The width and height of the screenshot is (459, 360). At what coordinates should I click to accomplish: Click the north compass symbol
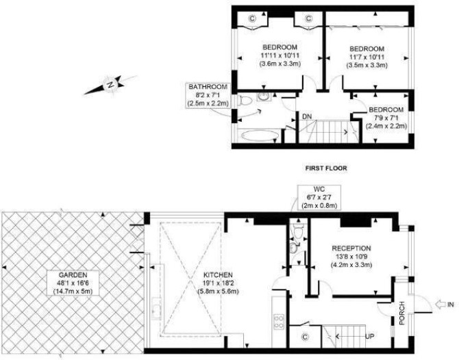point(110,85)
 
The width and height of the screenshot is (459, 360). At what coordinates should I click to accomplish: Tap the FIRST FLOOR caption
point(326,168)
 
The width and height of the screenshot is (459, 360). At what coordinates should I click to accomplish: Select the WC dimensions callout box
point(319,197)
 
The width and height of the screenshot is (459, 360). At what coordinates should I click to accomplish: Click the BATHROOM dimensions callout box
point(208,95)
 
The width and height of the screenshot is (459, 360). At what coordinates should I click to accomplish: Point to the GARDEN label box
point(73,283)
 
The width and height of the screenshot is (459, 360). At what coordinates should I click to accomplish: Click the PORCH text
point(402,313)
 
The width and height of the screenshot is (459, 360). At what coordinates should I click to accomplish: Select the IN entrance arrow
point(441,305)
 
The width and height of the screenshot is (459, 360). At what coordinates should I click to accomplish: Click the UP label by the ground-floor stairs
point(370,336)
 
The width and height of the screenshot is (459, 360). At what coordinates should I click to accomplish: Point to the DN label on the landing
point(307,116)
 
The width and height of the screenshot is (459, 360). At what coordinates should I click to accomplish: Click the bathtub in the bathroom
point(260,136)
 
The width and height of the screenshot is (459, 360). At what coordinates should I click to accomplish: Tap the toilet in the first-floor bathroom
point(245,101)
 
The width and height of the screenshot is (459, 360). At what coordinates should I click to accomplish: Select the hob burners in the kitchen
point(278,322)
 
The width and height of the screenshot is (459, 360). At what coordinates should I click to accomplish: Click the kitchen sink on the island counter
point(157,309)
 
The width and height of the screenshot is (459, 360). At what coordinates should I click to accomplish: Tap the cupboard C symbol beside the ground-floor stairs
point(306,337)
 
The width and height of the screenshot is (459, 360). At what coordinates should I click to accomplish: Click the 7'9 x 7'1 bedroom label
point(386,118)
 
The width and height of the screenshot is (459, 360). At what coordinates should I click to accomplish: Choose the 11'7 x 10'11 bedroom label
point(367,57)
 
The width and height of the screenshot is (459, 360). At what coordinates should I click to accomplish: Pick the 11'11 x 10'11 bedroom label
point(280,55)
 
